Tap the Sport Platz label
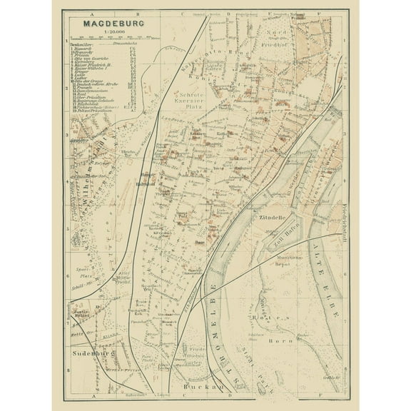point(86,274)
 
